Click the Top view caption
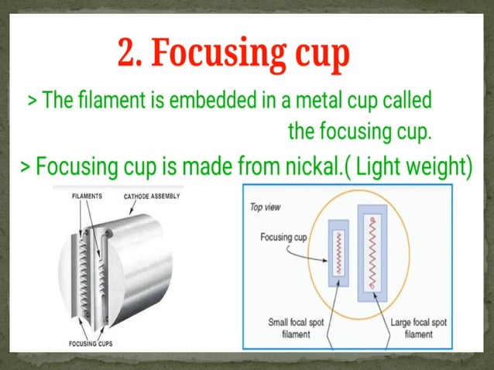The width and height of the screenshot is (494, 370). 266,207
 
